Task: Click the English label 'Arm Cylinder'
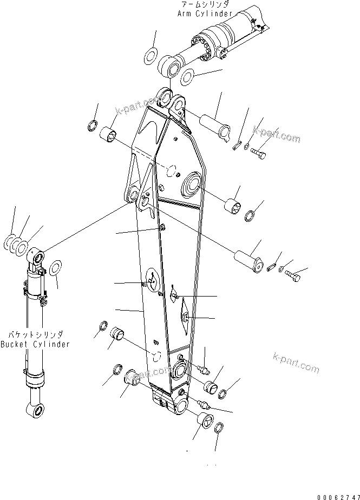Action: coord(205,14)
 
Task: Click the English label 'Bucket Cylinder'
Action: coord(35,345)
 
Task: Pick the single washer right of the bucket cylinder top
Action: coord(55,268)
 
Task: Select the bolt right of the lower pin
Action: coord(293,277)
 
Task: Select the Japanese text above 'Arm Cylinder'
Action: coord(205,4)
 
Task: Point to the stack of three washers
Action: coord(16,245)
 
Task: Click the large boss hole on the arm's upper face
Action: coord(192,186)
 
